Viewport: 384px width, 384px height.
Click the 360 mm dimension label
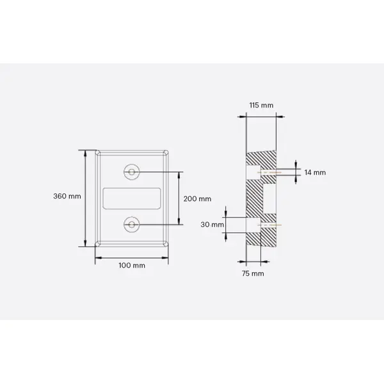(67, 196)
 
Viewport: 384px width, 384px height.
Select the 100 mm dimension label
(131, 265)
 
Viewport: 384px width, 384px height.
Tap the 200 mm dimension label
(197, 198)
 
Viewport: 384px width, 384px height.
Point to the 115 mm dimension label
(260, 105)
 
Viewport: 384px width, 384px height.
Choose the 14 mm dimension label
(315, 172)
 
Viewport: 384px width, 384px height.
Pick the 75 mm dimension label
(253, 273)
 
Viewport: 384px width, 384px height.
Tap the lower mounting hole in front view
(131, 225)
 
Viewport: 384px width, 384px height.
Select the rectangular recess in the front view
(131, 198)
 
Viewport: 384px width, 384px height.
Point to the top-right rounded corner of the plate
(166, 153)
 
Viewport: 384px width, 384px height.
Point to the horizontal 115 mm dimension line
(260, 116)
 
